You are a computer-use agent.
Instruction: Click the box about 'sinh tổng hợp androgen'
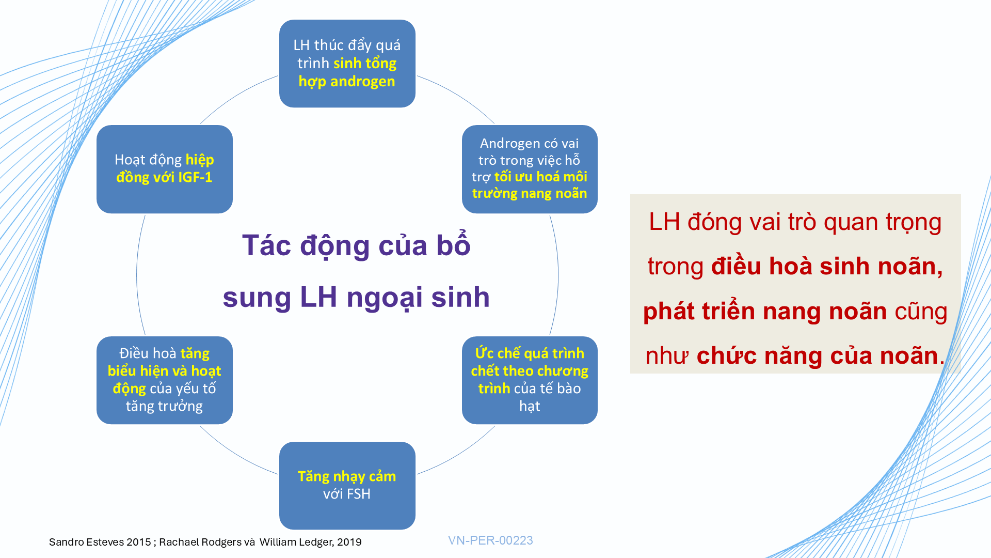pyautogui.click(x=347, y=64)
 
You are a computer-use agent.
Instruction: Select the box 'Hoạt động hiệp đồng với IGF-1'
pyautogui.click(x=165, y=169)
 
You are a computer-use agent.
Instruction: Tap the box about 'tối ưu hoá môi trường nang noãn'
pyautogui.click(x=530, y=169)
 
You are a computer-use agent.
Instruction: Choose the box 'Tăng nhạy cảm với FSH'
pyautogui.click(x=347, y=486)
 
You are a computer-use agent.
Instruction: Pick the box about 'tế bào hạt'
pyautogui.click(x=530, y=380)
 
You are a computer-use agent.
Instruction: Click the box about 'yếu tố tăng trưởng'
pyautogui.click(x=165, y=380)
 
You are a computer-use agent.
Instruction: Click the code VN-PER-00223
pyautogui.click(x=490, y=540)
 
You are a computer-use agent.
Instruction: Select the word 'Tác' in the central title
pyautogui.click(x=267, y=245)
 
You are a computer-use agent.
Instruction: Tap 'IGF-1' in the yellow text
pyautogui.click(x=195, y=178)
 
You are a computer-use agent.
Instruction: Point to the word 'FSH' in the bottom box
pyautogui.click(x=358, y=494)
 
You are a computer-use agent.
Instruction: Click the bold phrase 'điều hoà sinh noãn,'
pyautogui.click(x=827, y=267)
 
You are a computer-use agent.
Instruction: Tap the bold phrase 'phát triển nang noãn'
pyautogui.click(x=765, y=312)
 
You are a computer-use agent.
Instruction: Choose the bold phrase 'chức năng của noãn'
pyautogui.click(x=817, y=356)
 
